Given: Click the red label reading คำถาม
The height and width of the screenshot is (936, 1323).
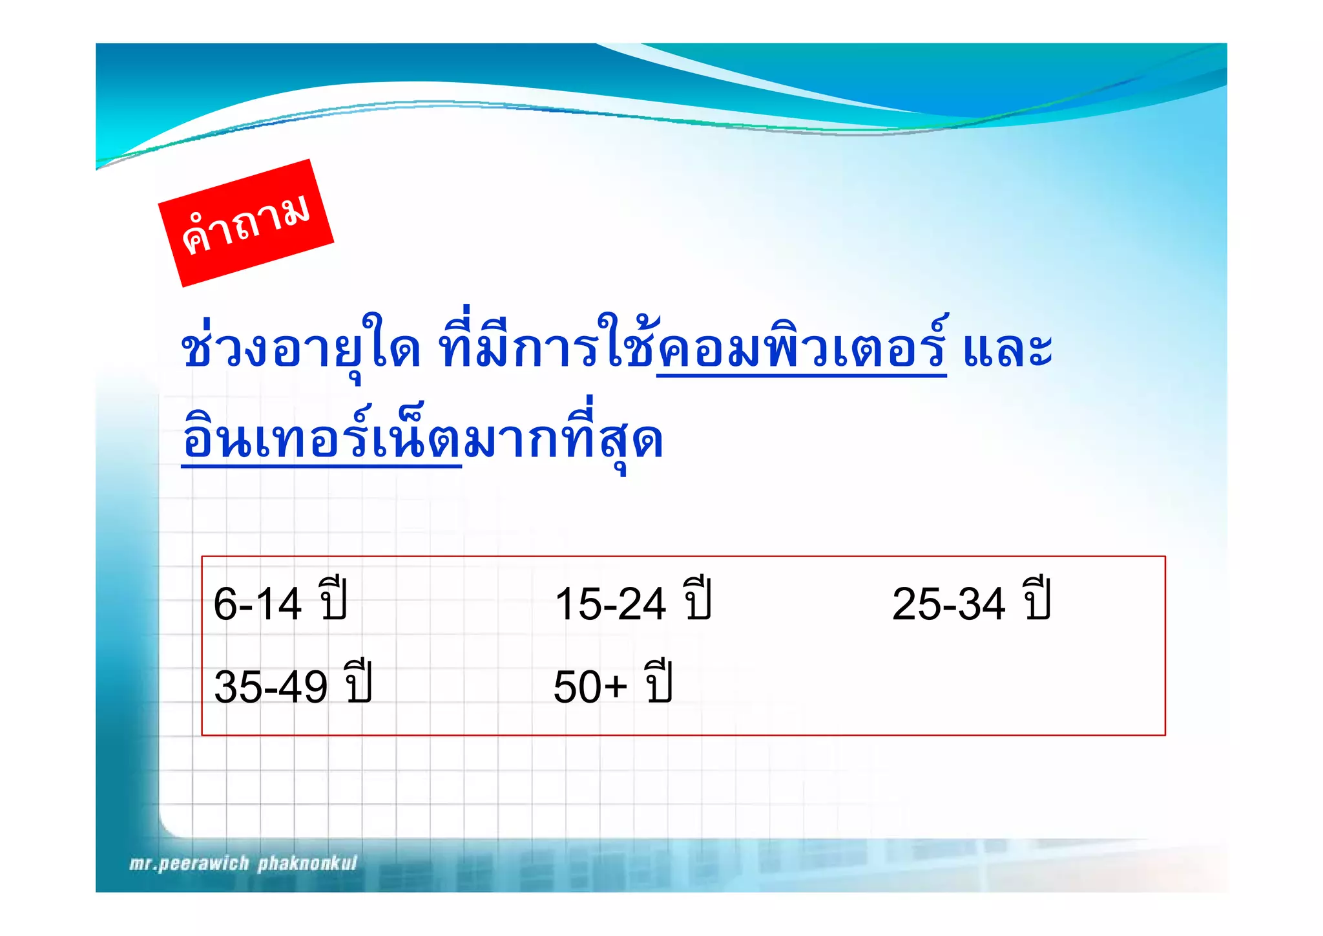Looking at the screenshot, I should click(245, 223).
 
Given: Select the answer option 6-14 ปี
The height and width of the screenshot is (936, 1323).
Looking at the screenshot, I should click(280, 603).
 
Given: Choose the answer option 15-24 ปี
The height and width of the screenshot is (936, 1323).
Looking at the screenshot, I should click(632, 603).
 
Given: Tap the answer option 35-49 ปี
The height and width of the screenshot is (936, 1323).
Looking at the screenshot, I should click(293, 685).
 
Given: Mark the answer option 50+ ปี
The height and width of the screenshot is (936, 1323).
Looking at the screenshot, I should click(612, 685).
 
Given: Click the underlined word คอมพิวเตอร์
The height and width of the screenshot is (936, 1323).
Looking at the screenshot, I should click(802, 350).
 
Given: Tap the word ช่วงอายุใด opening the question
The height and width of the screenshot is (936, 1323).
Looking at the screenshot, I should click(300, 350).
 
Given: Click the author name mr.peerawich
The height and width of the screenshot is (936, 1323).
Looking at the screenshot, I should click(189, 864).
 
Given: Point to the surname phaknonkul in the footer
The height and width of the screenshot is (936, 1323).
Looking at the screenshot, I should click(307, 864).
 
